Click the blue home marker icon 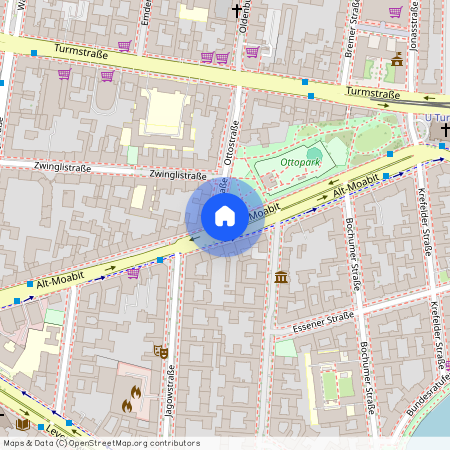click(x=225, y=216)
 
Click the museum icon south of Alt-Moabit click(x=281, y=276)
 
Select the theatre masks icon click(x=159, y=351)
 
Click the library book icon click(x=24, y=425)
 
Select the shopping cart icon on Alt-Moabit click(x=133, y=271)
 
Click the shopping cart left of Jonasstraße click(x=395, y=12)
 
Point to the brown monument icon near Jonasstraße click(x=397, y=59)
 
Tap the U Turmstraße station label click(x=437, y=118)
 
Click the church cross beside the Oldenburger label click(x=237, y=11)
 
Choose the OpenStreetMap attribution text click(x=100, y=442)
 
